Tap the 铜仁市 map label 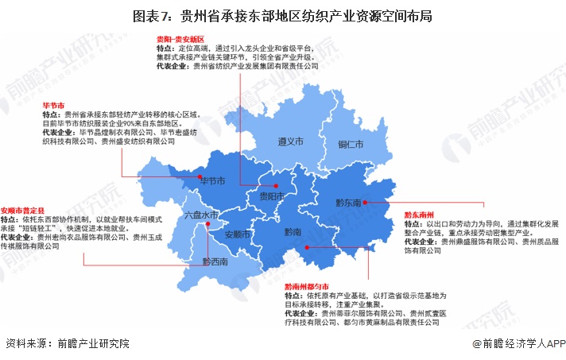350,145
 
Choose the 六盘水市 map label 201,215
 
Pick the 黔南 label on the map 293,233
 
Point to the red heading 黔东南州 419,215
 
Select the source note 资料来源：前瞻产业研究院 67,345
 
